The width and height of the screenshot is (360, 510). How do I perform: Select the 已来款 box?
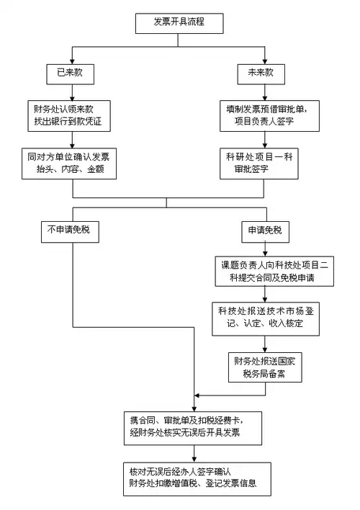pos(70,74)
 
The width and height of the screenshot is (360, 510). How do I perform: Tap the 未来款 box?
pos(264,74)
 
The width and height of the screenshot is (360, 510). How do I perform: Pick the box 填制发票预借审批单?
pos(264,115)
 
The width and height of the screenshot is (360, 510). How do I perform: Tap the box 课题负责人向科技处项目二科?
pos(268,270)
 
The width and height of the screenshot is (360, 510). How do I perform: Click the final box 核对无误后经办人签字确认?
pos(196,477)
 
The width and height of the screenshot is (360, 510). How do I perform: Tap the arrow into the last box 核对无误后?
pos(196,452)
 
